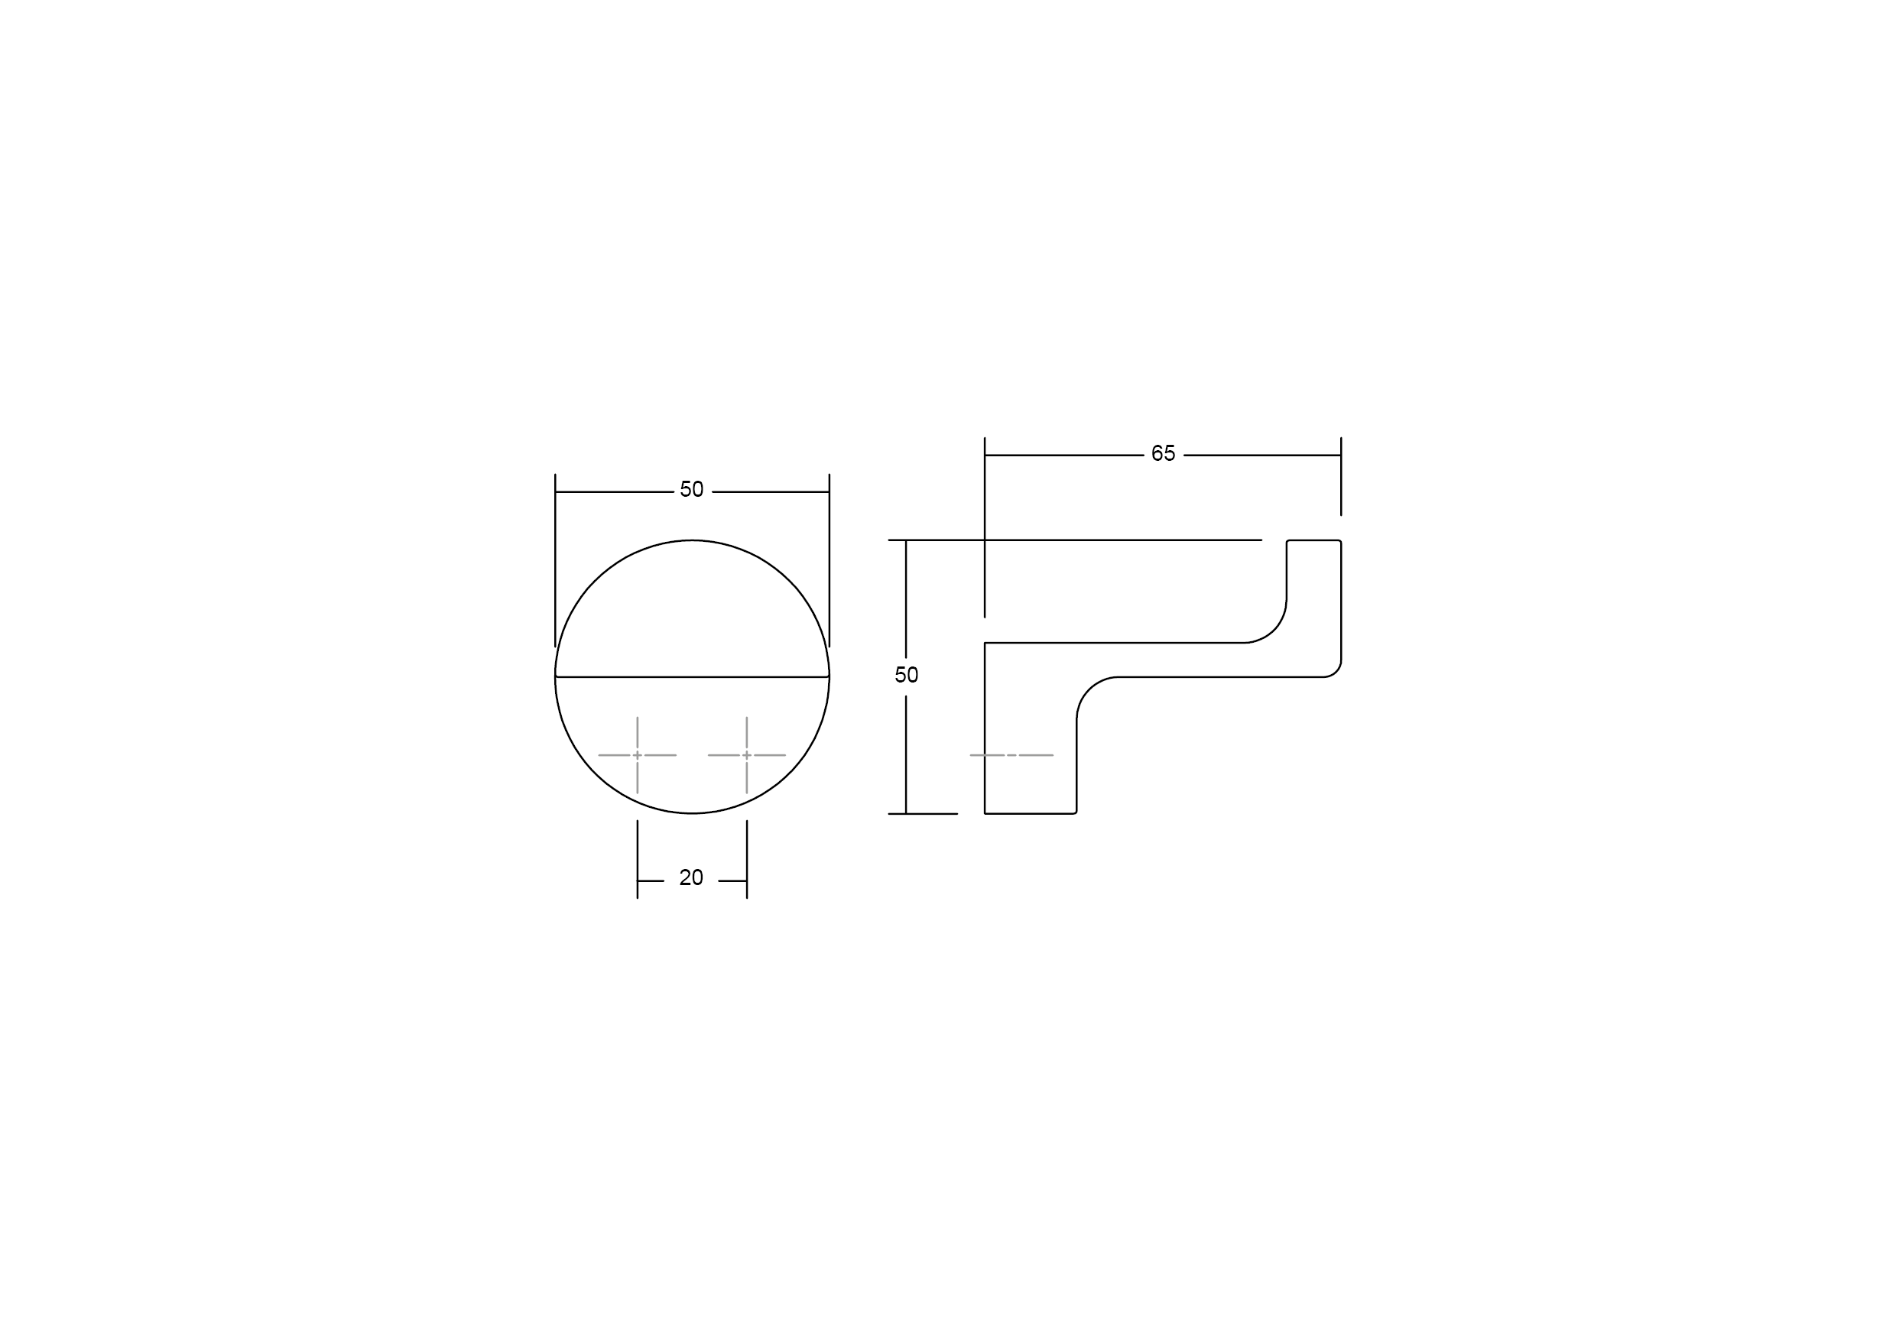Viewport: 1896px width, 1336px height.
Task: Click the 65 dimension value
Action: point(1163,453)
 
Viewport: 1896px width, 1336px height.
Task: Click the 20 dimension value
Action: point(691,877)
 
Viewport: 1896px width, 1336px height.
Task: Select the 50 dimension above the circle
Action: point(691,490)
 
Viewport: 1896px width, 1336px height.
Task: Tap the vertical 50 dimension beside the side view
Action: point(906,676)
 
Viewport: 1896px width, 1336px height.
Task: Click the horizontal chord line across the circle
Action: point(692,677)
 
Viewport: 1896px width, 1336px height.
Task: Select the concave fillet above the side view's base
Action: point(1089,689)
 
